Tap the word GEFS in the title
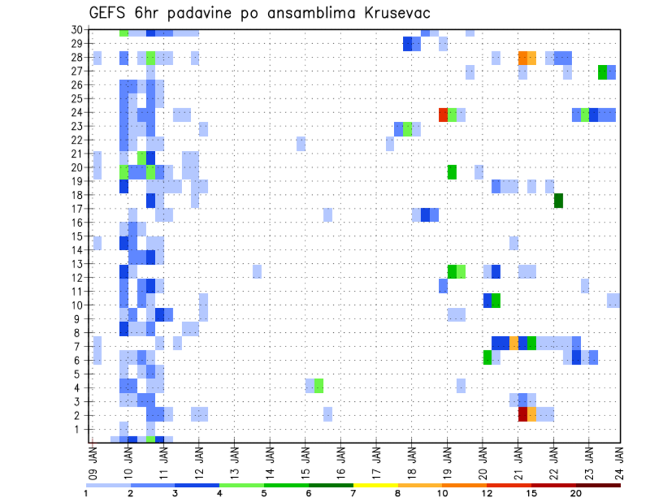tap(109, 13)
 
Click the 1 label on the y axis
tap(79, 429)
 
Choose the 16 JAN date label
tap(341, 461)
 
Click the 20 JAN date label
tap(482, 461)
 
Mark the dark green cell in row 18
tap(559, 200)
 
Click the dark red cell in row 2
tap(523, 414)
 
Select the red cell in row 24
tap(443, 115)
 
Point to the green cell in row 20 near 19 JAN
tap(452, 172)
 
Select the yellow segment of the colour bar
tap(376, 485)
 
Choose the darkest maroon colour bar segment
tap(599, 485)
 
